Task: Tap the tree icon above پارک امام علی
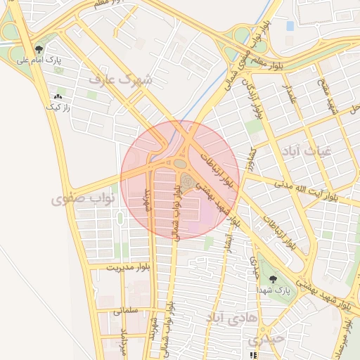tap(38, 50)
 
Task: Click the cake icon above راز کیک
tap(57, 96)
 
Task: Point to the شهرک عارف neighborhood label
tap(120, 79)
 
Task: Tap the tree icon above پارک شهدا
tap(273, 279)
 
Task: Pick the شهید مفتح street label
tap(333, 98)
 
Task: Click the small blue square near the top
tap(290, 26)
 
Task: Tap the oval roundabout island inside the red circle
tap(180, 164)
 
